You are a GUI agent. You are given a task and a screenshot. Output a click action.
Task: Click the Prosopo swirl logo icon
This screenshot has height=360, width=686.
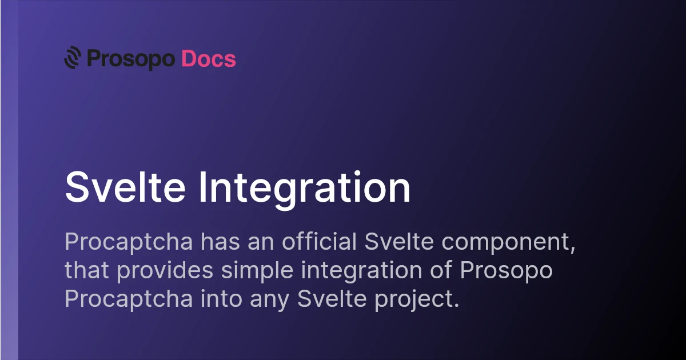(x=73, y=57)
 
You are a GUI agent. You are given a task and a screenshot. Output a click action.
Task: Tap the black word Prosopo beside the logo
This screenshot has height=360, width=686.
(x=131, y=59)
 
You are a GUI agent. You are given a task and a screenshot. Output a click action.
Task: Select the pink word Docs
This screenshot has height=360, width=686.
(x=209, y=58)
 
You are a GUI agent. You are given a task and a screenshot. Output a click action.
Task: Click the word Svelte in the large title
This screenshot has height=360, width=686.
(x=125, y=187)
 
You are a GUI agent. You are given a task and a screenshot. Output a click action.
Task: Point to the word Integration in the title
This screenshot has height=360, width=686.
(x=305, y=190)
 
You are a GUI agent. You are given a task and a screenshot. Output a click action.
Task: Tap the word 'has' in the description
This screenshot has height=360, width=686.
(x=220, y=241)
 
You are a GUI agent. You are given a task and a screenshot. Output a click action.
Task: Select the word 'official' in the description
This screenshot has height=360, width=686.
(x=319, y=241)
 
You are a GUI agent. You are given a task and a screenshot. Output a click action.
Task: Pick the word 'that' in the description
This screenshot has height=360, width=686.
(x=87, y=270)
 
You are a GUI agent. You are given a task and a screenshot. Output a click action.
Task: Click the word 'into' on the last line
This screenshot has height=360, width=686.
(x=221, y=298)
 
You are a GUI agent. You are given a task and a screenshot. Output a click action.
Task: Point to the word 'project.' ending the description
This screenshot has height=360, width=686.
(x=417, y=300)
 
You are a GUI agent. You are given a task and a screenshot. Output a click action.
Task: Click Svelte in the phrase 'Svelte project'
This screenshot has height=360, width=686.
(x=332, y=298)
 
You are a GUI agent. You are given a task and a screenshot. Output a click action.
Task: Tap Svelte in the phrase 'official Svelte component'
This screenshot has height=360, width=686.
(x=399, y=241)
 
